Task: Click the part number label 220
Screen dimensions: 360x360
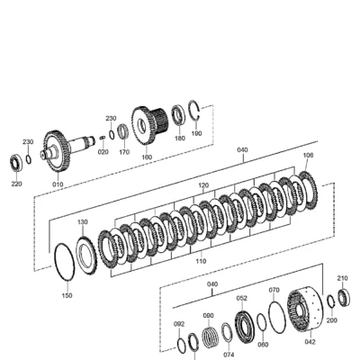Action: [x=17, y=184]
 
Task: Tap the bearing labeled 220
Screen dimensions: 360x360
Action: [x=16, y=163]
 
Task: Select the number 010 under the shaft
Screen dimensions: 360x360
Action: [x=58, y=184]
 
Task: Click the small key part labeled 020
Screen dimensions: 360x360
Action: [x=102, y=138]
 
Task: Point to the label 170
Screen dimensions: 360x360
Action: [x=124, y=152]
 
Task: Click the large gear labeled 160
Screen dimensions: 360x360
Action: [x=143, y=126]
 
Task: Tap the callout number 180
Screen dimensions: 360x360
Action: [x=180, y=139]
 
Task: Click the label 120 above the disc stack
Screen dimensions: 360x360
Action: [x=203, y=185]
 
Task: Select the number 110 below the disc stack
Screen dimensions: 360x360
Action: [x=201, y=261]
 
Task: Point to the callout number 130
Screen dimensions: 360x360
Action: [x=83, y=222]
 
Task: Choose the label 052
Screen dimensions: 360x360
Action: [x=242, y=298]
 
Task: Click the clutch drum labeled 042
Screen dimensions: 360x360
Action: [x=305, y=309]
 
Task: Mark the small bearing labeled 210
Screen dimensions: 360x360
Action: [x=344, y=297]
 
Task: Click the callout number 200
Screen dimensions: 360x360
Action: [x=331, y=320]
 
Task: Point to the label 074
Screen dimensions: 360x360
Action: [x=229, y=355]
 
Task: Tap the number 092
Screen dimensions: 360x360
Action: [x=179, y=324]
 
